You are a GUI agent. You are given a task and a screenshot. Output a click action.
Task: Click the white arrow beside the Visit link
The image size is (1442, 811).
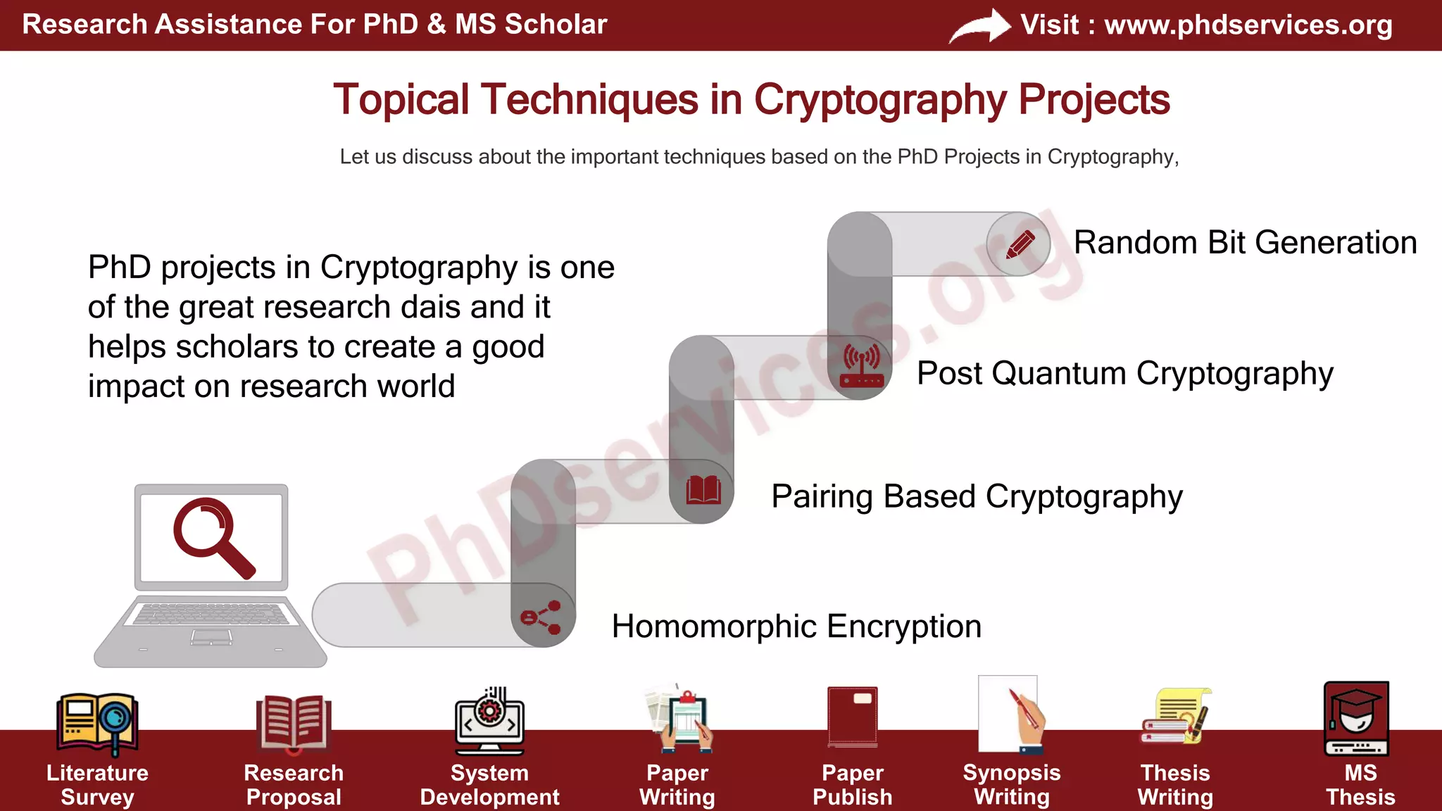point(979,27)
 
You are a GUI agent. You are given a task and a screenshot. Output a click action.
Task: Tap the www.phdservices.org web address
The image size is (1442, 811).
point(1248,25)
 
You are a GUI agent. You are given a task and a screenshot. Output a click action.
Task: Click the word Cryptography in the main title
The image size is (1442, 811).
point(880,100)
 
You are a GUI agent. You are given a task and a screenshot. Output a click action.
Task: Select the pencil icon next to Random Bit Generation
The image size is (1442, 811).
point(1020,244)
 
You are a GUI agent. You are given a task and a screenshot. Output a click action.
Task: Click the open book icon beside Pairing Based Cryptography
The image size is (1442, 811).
point(703,490)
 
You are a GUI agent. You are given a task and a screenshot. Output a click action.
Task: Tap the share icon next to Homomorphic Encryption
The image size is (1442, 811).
point(541,617)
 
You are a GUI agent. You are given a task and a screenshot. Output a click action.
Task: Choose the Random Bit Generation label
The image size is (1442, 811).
point(1245,243)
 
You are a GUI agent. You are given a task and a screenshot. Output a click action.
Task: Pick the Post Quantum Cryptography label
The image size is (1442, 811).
point(1124,374)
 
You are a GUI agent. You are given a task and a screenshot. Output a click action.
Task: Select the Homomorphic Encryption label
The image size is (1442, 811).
point(796,627)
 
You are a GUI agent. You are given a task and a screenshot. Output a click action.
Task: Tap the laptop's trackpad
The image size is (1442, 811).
point(211,637)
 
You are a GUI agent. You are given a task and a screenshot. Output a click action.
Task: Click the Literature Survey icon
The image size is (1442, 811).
point(97,723)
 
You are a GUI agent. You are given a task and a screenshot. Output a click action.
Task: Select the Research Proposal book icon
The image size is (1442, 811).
point(293,722)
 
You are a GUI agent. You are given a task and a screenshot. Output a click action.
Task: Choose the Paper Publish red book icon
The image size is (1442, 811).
point(853,716)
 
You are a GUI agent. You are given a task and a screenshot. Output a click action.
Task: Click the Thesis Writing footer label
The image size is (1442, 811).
point(1175,785)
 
